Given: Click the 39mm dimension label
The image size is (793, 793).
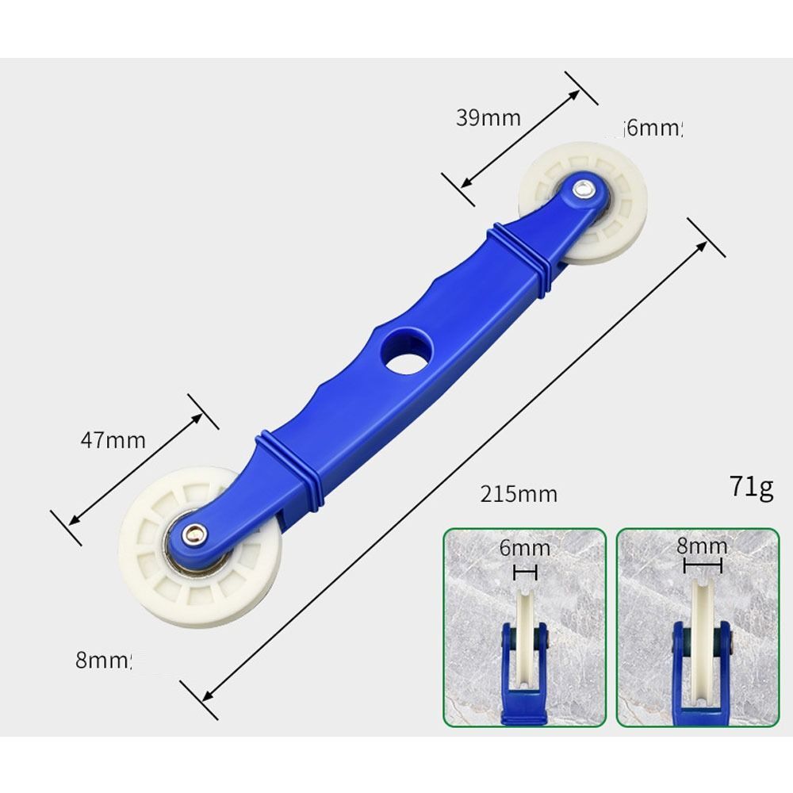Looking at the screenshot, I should (488, 118).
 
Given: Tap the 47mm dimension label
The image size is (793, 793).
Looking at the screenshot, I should (113, 439).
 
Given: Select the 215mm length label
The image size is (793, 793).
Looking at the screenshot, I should (519, 494).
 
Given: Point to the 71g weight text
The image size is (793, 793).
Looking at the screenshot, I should (751, 486).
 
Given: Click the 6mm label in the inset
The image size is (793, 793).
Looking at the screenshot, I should (524, 548).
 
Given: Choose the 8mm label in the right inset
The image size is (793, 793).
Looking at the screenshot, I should (702, 546).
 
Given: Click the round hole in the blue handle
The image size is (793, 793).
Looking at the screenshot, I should (405, 351).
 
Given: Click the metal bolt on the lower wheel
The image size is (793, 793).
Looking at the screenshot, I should (193, 534).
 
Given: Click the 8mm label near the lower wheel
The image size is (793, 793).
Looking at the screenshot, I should (103, 660).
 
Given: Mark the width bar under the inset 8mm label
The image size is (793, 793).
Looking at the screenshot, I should (703, 566).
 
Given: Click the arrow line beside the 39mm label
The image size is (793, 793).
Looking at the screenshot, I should (519, 139).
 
